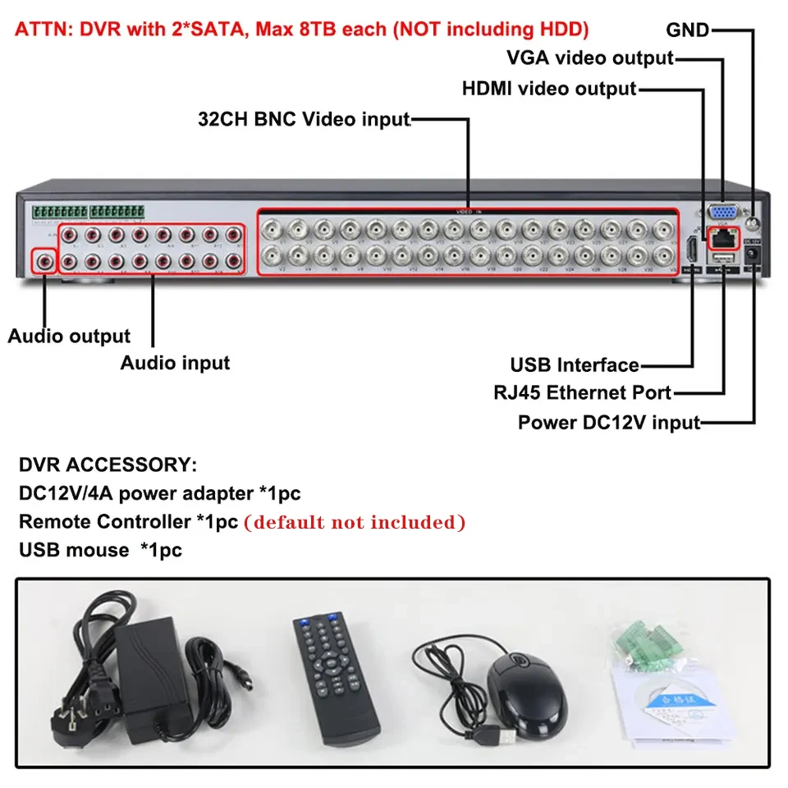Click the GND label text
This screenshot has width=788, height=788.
tap(687, 30)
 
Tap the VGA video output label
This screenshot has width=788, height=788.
tap(589, 58)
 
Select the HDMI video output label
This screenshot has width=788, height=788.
tap(548, 88)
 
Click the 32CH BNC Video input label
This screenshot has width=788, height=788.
tap(304, 119)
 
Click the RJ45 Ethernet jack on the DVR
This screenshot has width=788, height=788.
tap(723, 239)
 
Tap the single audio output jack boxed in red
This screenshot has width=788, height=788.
tap(44, 262)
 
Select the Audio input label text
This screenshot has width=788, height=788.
tap(175, 362)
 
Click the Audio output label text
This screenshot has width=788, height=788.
tap(69, 336)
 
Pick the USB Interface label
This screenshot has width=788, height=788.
tap(574, 365)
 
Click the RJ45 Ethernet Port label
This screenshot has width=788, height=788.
tap(582, 393)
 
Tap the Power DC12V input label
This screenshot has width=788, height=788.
tap(608, 423)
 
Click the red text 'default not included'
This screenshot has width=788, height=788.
tap(355, 522)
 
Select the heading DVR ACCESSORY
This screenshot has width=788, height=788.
tap(108, 465)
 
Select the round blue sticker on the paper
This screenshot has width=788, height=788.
tap(662, 699)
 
